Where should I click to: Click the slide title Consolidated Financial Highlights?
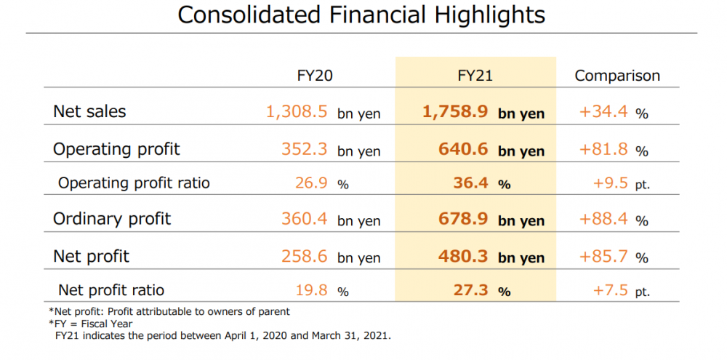pyautogui.click(x=361, y=15)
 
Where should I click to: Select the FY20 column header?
pyautogui.click(x=316, y=76)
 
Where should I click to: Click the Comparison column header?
pyautogui.click(x=617, y=76)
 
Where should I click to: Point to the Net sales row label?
pyautogui.click(x=89, y=112)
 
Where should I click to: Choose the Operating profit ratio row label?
pyautogui.click(x=134, y=183)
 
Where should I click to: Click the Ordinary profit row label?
pyautogui.click(x=112, y=219)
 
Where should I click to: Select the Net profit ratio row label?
pyautogui.click(x=111, y=290)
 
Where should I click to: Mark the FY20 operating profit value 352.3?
pyautogui.click(x=305, y=150)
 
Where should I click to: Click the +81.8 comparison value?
pyautogui.click(x=604, y=150)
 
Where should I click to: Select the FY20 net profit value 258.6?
pyautogui.click(x=305, y=256)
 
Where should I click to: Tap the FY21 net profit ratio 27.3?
pyautogui.click(x=470, y=290)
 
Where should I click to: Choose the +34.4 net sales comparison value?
pyautogui.click(x=604, y=113)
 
